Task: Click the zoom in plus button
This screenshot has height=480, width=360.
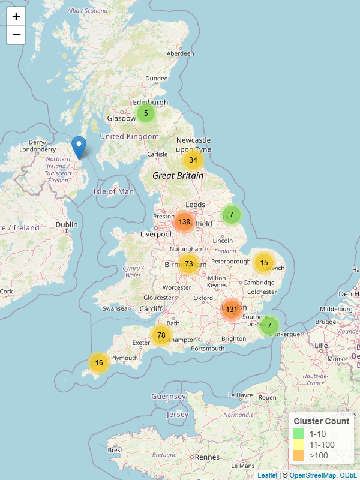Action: (16, 16)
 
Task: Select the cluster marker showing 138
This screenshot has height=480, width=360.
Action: (184, 222)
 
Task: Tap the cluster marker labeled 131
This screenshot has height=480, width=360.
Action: (232, 310)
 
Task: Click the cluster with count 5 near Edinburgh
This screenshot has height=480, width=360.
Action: (146, 113)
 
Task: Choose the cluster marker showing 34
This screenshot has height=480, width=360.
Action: (193, 160)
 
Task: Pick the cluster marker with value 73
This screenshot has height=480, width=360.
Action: (189, 264)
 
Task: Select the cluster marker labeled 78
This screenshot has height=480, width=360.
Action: (161, 335)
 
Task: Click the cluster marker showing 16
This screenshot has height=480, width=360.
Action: (99, 362)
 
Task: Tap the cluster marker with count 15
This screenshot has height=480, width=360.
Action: (264, 263)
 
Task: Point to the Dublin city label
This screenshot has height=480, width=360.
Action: (67, 225)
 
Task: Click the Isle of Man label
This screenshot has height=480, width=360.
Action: (113, 191)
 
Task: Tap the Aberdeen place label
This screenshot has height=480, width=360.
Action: (181, 53)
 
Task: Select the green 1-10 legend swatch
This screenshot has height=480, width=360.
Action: (299, 433)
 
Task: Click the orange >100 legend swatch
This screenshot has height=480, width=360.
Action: (299, 455)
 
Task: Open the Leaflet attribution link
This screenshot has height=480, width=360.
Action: (267, 475)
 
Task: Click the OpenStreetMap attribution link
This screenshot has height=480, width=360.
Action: (313, 475)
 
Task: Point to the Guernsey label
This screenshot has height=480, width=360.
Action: (169, 397)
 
